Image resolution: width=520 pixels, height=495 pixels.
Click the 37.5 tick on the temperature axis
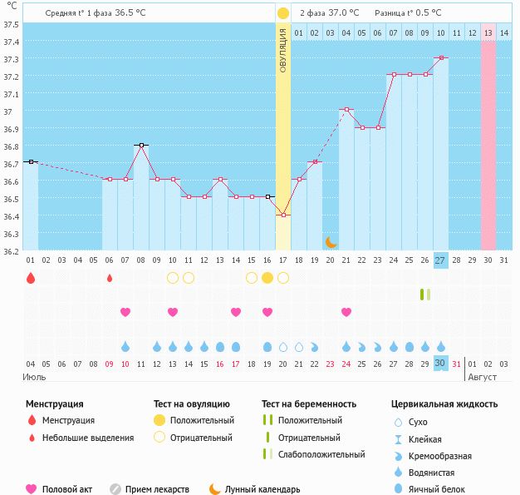pyautogui.click(x=12, y=24)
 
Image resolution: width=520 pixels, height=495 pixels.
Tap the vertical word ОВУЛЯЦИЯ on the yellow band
pyautogui.click(x=282, y=50)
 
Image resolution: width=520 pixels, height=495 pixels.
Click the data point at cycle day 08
pyautogui.click(x=141, y=145)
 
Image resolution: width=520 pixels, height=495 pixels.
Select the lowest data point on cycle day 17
pyautogui.click(x=283, y=215)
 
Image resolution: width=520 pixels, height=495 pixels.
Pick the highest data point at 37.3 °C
pyautogui.click(x=440, y=58)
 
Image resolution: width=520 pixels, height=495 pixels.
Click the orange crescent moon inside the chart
pyautogui.click(x=331, y=242)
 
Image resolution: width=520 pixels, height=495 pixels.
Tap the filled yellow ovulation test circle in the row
pyautogui.click(x=267, y=278)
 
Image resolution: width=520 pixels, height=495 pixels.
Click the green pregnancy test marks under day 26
pyautogui.click(x=425, y=294)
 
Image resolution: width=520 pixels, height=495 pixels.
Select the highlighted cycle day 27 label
pyautogui.click(x=440, y=260)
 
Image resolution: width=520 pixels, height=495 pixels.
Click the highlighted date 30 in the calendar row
pyautogui.click(x=440, y=363)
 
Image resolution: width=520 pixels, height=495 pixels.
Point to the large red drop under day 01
pyautogui.click(x=31, y=278)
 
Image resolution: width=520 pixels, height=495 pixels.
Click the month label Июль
pyautogui.click(x=34, y=377)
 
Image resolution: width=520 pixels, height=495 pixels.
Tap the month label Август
pyautogui.click(x=482, y=377)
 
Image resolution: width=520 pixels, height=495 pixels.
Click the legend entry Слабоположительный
pyautogui.click(x=321, y=454)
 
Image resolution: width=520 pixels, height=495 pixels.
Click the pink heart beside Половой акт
pyautogui.click(x=32, y=489)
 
